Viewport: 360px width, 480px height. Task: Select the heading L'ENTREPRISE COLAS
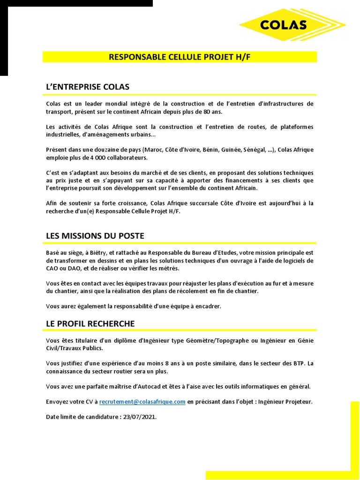point(88,87)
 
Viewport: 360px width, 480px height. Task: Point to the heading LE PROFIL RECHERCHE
point(90,323)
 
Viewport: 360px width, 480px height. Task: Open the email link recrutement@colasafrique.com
point(142,402)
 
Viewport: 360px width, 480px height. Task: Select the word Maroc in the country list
point(154,150)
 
